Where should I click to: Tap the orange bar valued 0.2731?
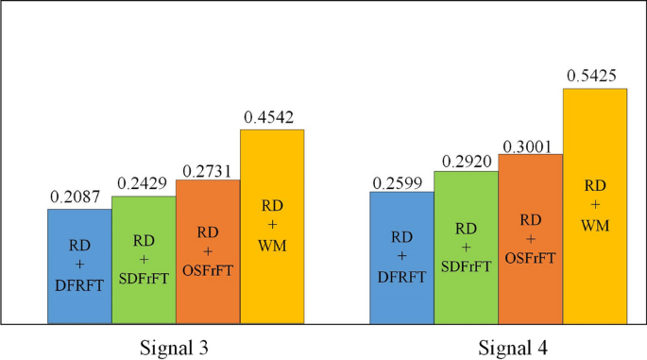point(208,250)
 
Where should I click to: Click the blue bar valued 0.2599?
point(401,256)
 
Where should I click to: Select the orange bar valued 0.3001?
point(530,237)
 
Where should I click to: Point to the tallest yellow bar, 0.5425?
point(595,205)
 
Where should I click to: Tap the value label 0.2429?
point(141,184)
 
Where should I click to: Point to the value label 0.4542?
point(268,118)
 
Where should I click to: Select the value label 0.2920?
point(463,160)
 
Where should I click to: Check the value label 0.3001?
point(527,143)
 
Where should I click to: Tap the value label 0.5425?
point(592,76)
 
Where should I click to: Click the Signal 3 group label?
point(176,346)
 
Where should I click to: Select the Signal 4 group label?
point(499,346)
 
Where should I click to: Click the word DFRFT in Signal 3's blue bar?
point(79,281)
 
